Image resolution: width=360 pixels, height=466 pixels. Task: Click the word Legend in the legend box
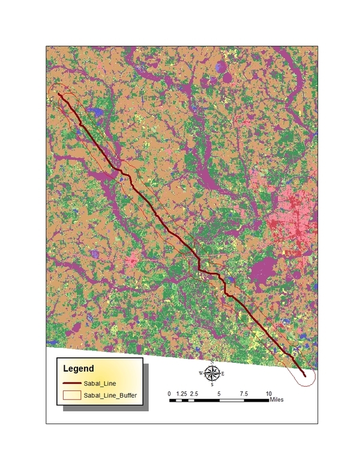tap(78, 368)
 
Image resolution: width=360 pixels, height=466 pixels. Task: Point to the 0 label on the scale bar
tap(169, 393)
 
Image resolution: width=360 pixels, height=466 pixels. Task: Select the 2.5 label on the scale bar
tap(194, 393)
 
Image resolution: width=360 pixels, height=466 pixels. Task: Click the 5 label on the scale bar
tap(220, 393)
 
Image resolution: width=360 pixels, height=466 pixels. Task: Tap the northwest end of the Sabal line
tap(58, 93)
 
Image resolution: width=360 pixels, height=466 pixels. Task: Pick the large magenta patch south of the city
tap(264, 273)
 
